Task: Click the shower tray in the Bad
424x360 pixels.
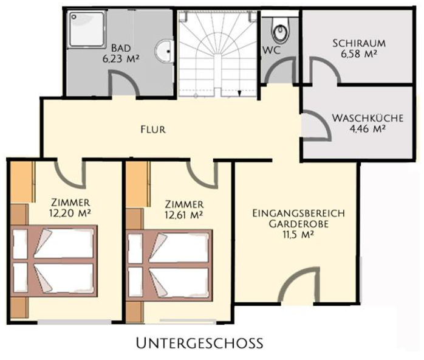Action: click(x=86, y=30)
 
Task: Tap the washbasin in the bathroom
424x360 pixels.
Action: click(x=164, y=52)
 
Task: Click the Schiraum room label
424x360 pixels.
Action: click(x=359, y=44)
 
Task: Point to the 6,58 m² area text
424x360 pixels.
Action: click(x=359, y=54)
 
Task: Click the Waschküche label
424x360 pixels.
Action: click(x=368, y=119)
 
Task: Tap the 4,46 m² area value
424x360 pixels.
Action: click(x=368, y=129)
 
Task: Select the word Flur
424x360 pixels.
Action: click(x=153, y=130)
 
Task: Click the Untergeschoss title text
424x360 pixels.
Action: click(x=200, y=343)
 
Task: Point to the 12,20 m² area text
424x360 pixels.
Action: click(x=70, y=213)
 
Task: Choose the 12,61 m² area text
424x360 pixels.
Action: click(x=184, y=215)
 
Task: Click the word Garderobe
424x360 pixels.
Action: click(x=299, y=224)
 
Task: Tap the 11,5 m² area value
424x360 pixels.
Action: click(x=298, y=234)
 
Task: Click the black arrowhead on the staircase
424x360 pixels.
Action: click(x=239, y=94)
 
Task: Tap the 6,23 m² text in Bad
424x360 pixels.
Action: click(x=121, y=59)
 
